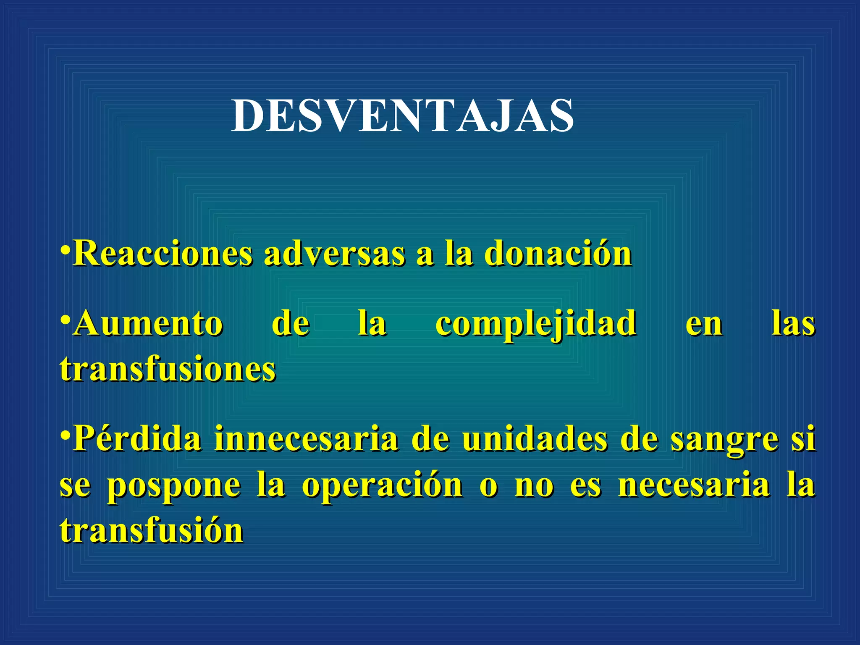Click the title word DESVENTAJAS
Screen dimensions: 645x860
(402, 115)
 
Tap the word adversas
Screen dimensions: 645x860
(334, 254)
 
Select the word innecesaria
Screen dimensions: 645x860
(306, 439)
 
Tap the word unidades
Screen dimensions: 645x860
(535, 439)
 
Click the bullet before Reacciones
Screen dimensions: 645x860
(65, 249)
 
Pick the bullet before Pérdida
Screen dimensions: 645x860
(65, 434)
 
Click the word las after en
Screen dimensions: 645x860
(793, 324)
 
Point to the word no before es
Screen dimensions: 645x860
(534, 486)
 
